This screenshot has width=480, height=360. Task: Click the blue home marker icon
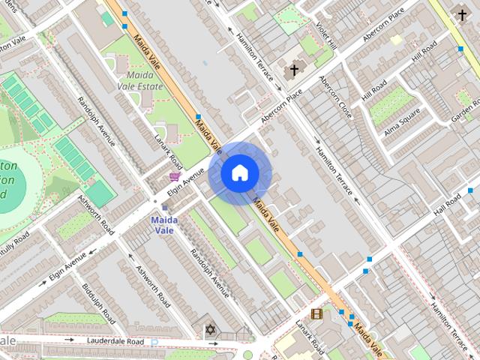tap(239, 173)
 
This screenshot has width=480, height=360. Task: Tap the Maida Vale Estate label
tap(140, 80)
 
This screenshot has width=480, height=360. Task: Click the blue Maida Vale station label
tap(164, 225)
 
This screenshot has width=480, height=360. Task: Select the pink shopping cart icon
tap(175, 177)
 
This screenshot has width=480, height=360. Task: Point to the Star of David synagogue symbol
tap(209, 330)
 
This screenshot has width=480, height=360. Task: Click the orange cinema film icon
tap(316, 313)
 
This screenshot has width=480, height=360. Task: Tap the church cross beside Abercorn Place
tap(294, 71)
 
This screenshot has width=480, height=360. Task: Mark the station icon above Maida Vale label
tap(164, 208)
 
